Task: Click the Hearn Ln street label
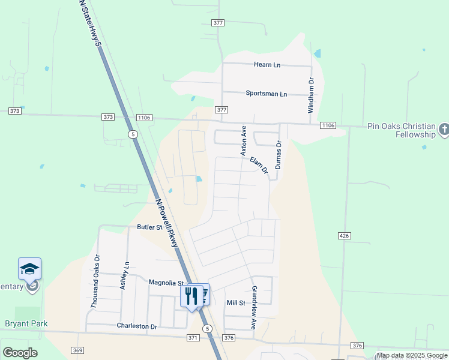(268, 64)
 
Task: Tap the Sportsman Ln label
(267, 94)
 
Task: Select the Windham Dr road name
(311, 95)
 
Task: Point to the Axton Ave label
(244, 141)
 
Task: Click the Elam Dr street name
(259, 166)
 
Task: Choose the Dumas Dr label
(278, 155)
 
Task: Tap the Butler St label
(150, 227)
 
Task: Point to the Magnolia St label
(166, 283)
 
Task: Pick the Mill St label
(236, 303)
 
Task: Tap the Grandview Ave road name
(254, 307)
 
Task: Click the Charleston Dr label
(137, 326)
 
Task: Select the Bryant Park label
(26, 324)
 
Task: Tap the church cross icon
(444, 129)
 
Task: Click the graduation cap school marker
(29, 270)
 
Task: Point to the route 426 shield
(344, 236)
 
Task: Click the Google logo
(20, 353)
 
